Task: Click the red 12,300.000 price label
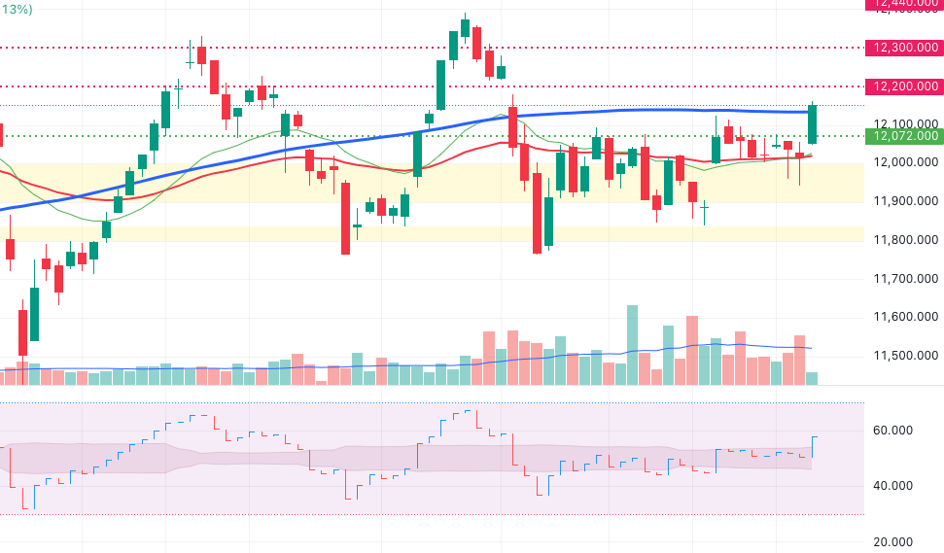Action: pyautogui.click(x=905, y=47)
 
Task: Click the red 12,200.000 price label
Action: pyautogui.click(x=905, y=86)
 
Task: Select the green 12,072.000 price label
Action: pyautogui.click(x=905, y=135)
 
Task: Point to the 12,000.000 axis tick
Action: pyautogui.click(x=905, y=162)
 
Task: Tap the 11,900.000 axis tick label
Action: pyautogui.click(x=905, y=201)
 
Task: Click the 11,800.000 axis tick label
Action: pyautogui.click(x=905, y=240)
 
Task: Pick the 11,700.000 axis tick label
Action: pyautogui.click(x=905, y=279)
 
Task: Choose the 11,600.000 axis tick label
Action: pyautogui.click(x=905, y=317)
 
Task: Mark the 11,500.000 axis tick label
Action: pyautogui.click(x=905, y=356)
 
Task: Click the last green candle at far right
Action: pyautogui.click(x=812, y=124)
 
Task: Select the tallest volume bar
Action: pyautogui.click(x=632, y=345)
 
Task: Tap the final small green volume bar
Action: pyautogui.click(x=812, y=378)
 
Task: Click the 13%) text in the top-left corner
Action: pyautogui.click(x=16, y=9)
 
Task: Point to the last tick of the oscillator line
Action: pyautogui.click(x=815, y=437)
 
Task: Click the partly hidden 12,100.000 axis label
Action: pyautogui.click(x=905, y=123)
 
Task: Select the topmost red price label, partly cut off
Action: pyautogui.click(x=905, y=5)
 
